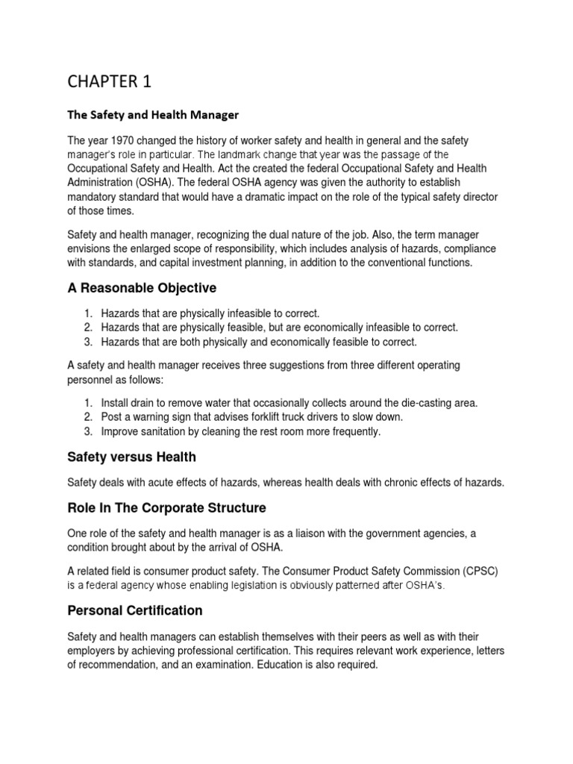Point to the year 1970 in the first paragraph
(119, 141)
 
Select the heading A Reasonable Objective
(142, 289)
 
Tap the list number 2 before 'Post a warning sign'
(87, 417)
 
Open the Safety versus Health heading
(132, 457)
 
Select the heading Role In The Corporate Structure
(166, 508)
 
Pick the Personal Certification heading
(135, 610)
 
